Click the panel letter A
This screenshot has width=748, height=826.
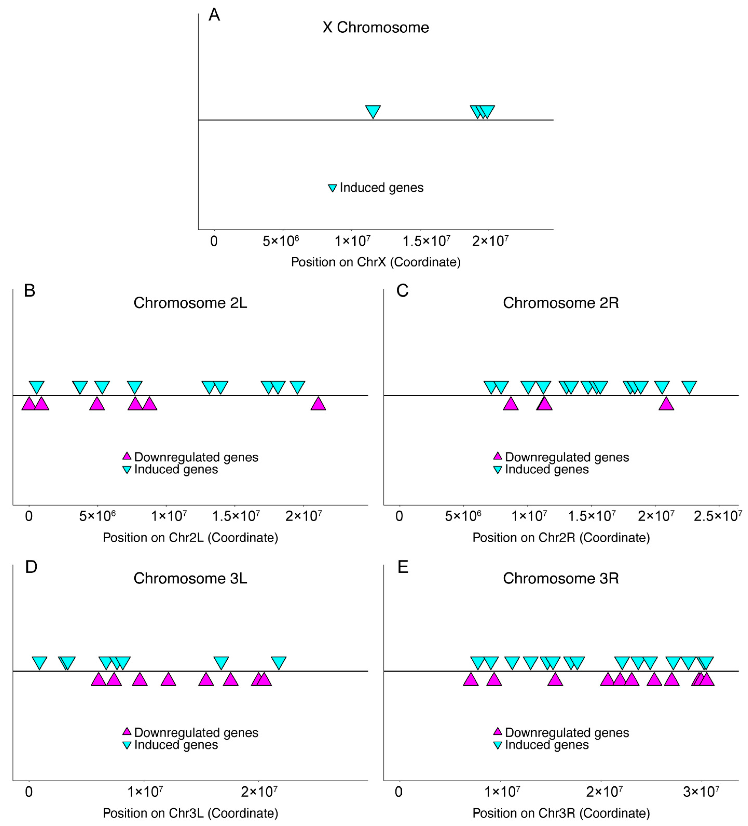point(214,15)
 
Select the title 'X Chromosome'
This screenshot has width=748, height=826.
point(376,27)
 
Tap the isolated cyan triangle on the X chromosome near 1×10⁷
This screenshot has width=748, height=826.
point(373,111)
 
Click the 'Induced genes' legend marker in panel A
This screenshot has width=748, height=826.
point(333,188)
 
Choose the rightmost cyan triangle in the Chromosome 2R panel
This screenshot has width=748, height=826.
point(689,387)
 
